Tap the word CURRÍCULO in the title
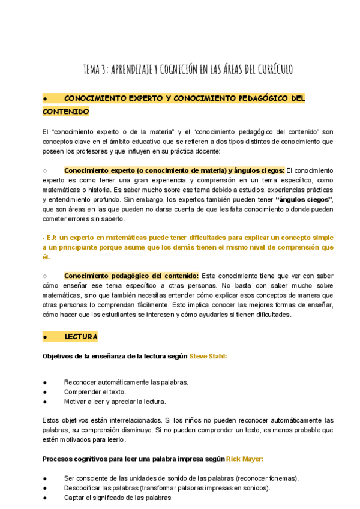271,69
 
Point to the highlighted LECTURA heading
80,336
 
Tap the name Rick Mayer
244,459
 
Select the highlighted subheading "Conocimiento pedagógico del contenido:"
131,276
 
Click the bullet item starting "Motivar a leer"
115,402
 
